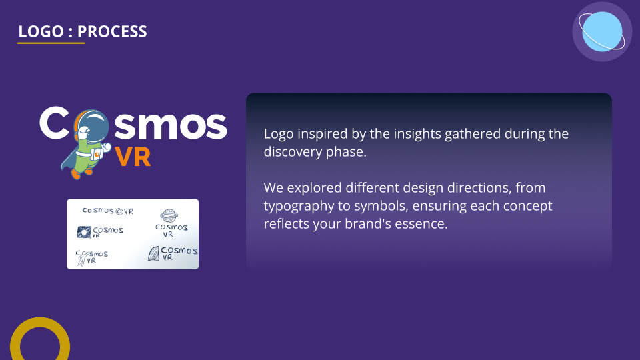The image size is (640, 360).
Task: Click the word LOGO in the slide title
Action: coord(41,31)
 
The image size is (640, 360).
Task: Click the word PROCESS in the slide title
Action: coord(112,31)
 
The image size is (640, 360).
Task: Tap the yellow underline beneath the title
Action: coord(51,43)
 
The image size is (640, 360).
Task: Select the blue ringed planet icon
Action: coord(602,32)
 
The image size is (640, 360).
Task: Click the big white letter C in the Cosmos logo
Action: coord(54,123)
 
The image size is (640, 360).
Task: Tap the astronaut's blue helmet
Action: coord(94,126)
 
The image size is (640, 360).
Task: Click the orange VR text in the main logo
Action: coord(133,157)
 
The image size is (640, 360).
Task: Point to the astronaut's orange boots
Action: coord(81,173)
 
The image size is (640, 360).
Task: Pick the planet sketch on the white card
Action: coord(169,215)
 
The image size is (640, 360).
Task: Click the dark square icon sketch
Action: coord(84,232)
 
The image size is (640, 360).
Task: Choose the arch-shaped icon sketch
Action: coord(153,253)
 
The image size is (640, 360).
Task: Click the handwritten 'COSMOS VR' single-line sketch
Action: coord(108,211)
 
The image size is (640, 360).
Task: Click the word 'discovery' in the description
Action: coord(293,152)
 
